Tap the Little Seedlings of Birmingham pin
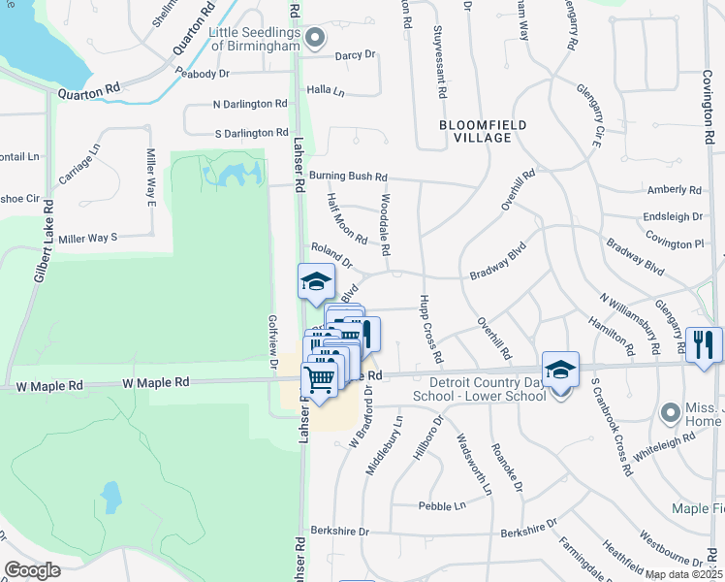(314, 39)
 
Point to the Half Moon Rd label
(347, 217)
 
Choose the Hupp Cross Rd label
(431, 330)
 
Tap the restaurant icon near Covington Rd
(704, 343)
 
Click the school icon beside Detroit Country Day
(560, 369)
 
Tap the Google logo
(32, 570)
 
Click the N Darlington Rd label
(250, 104)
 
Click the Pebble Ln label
(442, 505)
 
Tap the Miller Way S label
(87, 238)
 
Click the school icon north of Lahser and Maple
(316, 281)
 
